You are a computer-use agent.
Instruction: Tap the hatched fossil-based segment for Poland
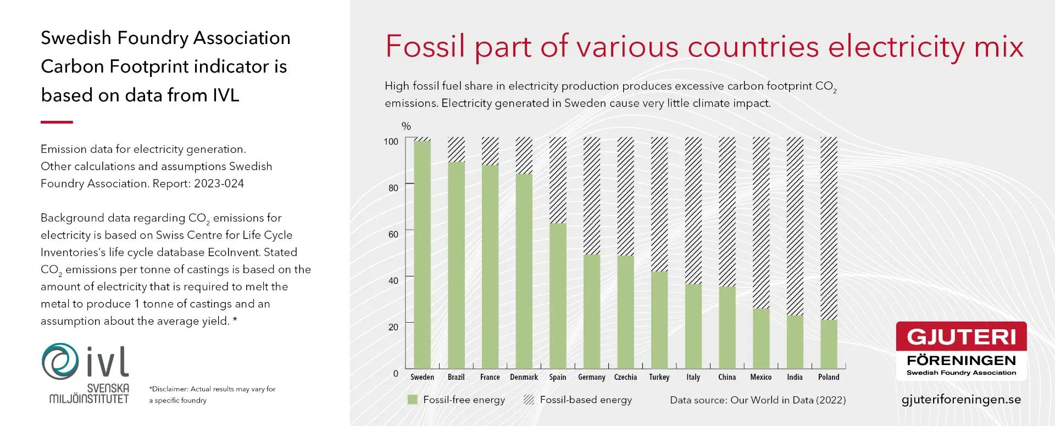click(829, 228)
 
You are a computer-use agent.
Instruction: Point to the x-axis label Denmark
click(524, 377)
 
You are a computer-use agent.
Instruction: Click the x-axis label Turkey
click(659, 377)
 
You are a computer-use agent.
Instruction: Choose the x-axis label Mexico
click(760, 377)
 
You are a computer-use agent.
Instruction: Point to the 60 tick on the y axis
click(393, 234)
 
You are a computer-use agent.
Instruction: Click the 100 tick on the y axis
click(391, 142)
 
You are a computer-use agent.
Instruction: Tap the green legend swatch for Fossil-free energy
click(413, 400)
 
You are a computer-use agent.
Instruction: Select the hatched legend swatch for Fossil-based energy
click(529, 400)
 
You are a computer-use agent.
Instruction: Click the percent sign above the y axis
click(406, 126)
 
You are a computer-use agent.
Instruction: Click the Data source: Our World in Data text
click(758, 400)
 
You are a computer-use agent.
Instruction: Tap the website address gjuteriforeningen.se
click(961, 400)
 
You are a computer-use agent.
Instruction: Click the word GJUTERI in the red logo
click(961, 337)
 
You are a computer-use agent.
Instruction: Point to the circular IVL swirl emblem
click(60, 361)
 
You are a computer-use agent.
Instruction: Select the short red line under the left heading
click(57, 122)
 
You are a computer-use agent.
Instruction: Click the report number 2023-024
click(219, 184)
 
